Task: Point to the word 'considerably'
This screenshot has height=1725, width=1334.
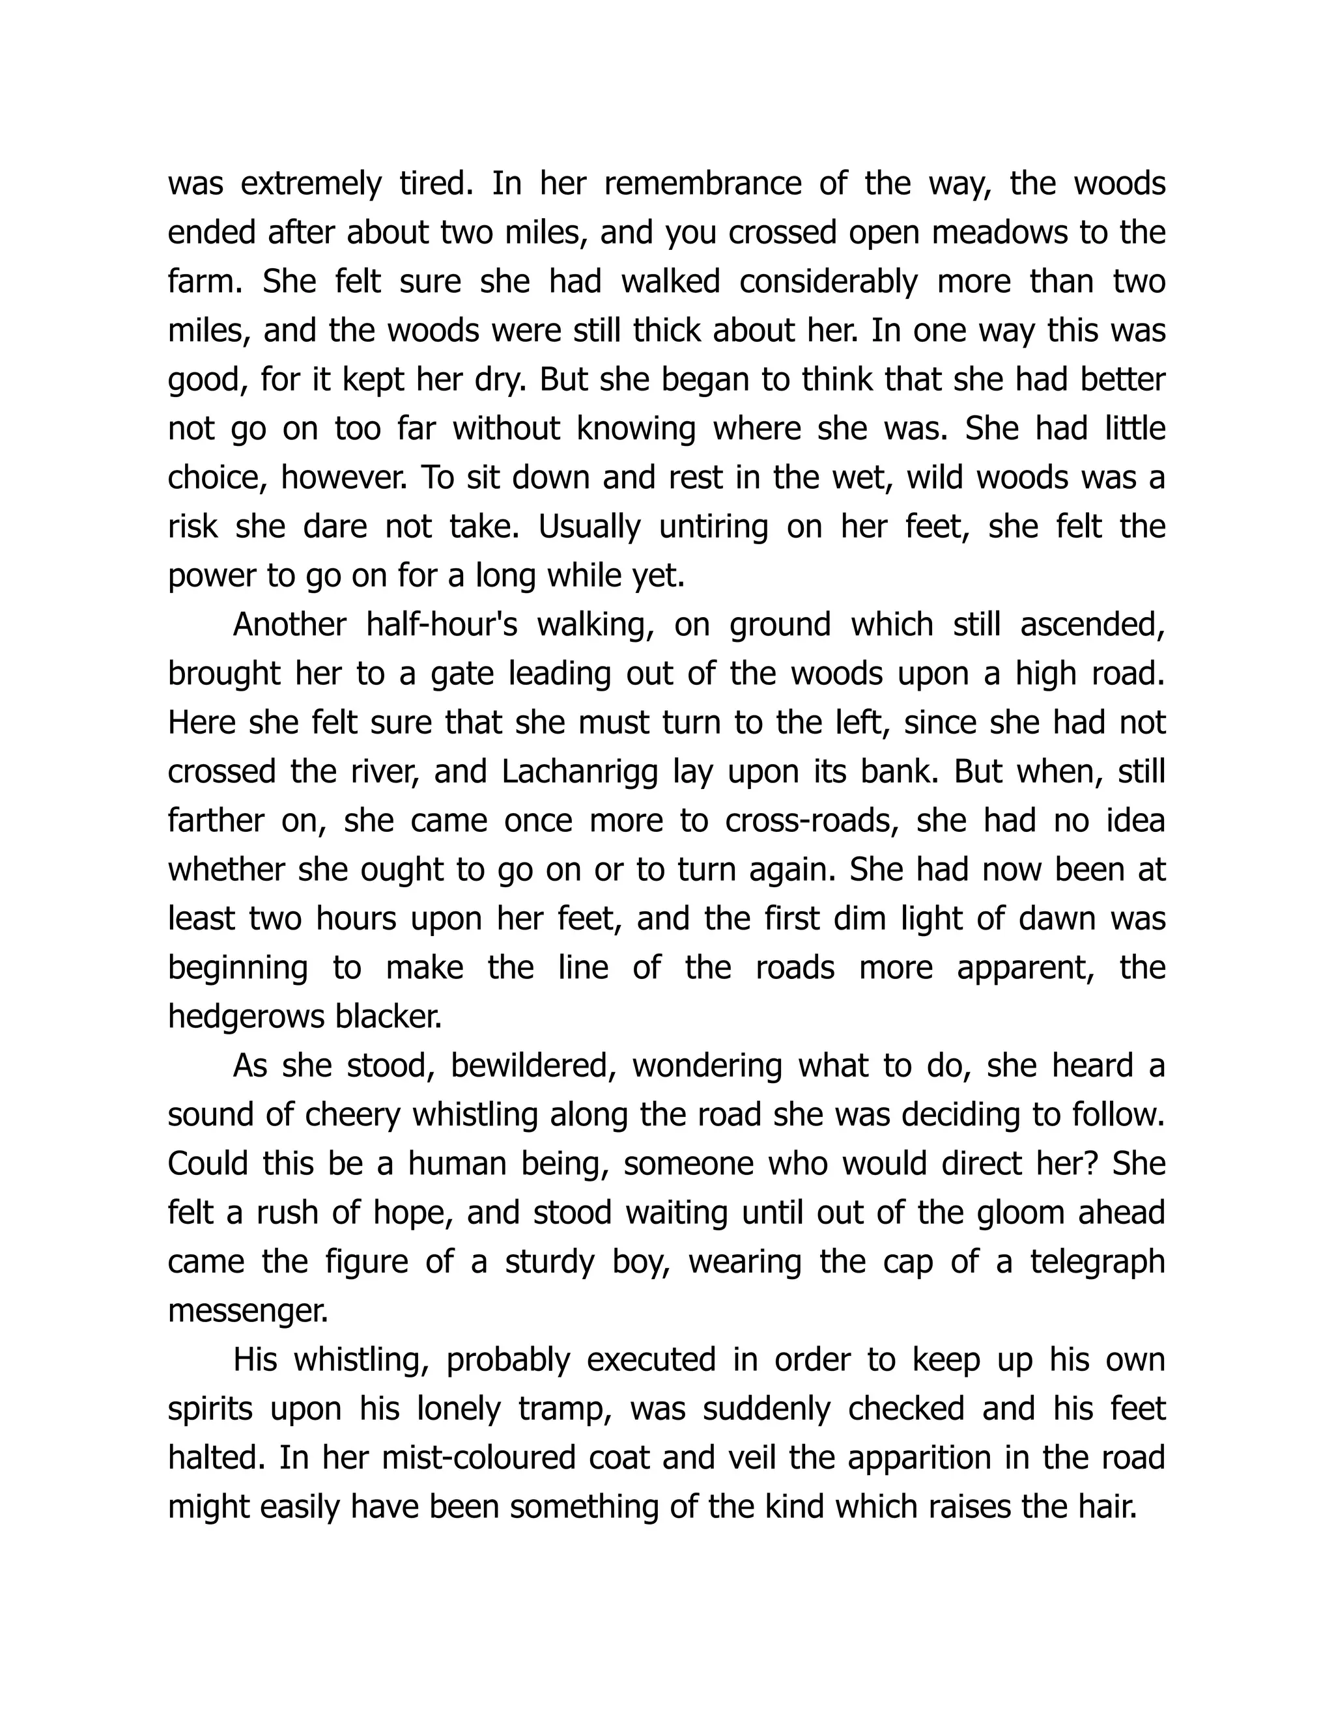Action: pos(829,282)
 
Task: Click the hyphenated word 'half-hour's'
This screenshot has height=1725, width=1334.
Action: pos(442,625)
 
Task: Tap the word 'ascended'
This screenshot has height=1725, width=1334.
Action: pos(1092,625)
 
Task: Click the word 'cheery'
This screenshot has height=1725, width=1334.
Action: pos(352,1114)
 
